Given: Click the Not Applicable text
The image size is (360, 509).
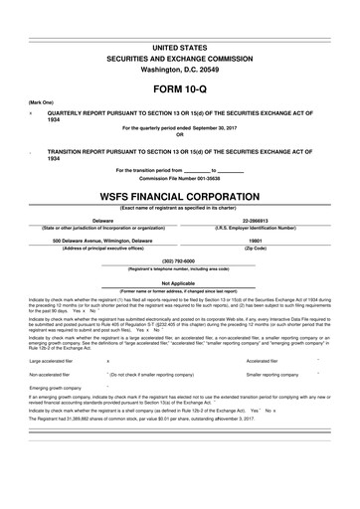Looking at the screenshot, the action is (179, 282).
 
